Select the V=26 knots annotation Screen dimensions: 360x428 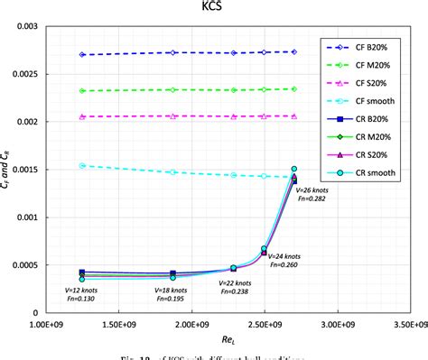click(312, 191)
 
